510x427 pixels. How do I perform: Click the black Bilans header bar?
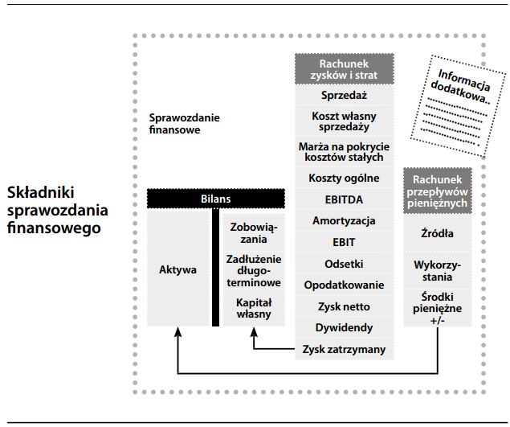pyautogui.click(x=217, y=198)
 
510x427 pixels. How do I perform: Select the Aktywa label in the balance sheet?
pyautogui.click(x=177, y=269)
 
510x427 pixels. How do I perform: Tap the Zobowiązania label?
pyautogui.click(x=254, y=234)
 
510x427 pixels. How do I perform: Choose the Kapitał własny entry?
pyautogui.click(x=254, y=308)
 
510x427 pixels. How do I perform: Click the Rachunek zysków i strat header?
pyautogui.click(x=344, y=68)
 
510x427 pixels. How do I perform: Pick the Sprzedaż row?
pyautogui.click(x=344, y=95)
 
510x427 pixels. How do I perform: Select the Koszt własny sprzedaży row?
pyautogui.click(x=344, y=122)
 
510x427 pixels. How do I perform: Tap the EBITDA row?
pyautogui.click(x=344, y=199)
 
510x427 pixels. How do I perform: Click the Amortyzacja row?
pyautogui.click(x=344, y=220)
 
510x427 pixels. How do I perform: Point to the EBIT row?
pyautogui.click(x=344, y=242)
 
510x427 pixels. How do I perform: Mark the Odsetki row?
pyautogui.click(x=344, y=264)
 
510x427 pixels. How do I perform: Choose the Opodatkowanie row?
pyautogui.click(x=344, y=285)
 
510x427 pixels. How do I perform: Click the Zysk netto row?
pyautogui.click(x=344, y=306)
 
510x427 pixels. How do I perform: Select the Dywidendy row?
pyautogui.click(x=344, y=328)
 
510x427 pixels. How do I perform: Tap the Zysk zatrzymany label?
pyautogui.click(x=344, y=350)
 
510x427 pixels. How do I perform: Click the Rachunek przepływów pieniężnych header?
pyautogui.click(x=437, y=191)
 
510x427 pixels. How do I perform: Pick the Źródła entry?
pyautogui.click(x=437, y=234)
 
